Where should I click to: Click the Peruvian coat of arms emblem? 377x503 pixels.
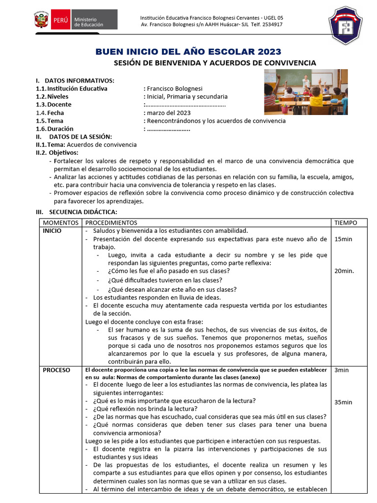point(41,21)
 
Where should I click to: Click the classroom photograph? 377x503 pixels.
point(305,92)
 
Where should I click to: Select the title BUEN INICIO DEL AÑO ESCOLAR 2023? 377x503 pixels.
point(188,52)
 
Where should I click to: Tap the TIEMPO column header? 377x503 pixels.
point(346,223)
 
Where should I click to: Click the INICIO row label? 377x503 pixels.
point(52,231)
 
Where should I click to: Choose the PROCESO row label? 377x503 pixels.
point(56,370)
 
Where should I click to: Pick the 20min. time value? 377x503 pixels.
point(344,271)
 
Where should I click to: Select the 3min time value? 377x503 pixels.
point(341,370)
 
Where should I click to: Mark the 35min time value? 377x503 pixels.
point(344,402)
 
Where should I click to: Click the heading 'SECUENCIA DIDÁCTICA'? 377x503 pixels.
point(81,212)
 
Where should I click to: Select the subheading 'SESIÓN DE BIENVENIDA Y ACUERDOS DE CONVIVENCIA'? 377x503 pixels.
point(215,63)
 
